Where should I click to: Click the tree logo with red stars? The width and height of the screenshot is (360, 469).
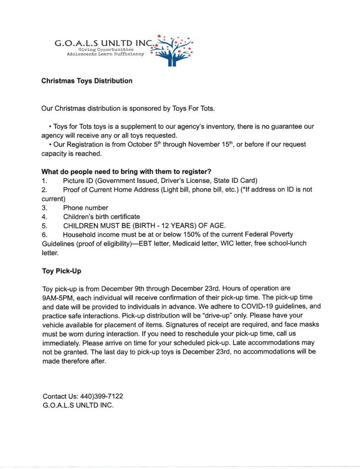click(x=174, y=50)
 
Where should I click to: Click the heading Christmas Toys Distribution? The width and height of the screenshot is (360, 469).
click(x=87, y=81)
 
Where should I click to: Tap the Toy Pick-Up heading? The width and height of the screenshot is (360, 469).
click(x=61, y=271)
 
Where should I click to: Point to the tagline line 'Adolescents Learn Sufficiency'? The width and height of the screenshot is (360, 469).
click(x=105, y=54)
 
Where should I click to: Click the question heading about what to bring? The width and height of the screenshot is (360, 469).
click(x=126, y=172)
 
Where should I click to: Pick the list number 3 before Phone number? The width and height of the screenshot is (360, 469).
click(x=44, y=207)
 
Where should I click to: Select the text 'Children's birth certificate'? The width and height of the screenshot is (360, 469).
click(x=102, y=217)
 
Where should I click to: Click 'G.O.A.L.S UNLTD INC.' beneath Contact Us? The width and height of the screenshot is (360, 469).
click(x=78, y=406)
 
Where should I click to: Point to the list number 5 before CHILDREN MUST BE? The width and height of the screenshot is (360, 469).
click(x=44, y=225)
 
